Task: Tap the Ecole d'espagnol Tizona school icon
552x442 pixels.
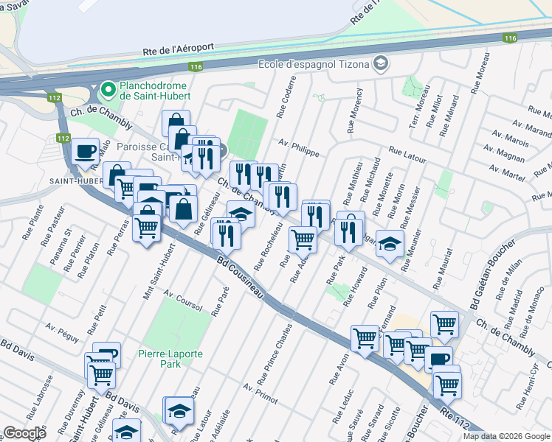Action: pyautogui.click(x=381, y=63)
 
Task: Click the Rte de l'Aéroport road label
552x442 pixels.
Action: pyautogui.click(x=178, y=49)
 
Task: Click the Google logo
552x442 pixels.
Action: pyautogui.click(x=24, y=433)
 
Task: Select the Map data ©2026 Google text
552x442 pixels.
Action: pyautogui.click(x=506, y=436)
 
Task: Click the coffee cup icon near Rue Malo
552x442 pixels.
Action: pyautogui.click(x=86, y=151)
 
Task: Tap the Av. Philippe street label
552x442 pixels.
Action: pyautogui.click(x=299, y=147)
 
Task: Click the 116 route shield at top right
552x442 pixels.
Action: pyautogui.click(x=510, y=38)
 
